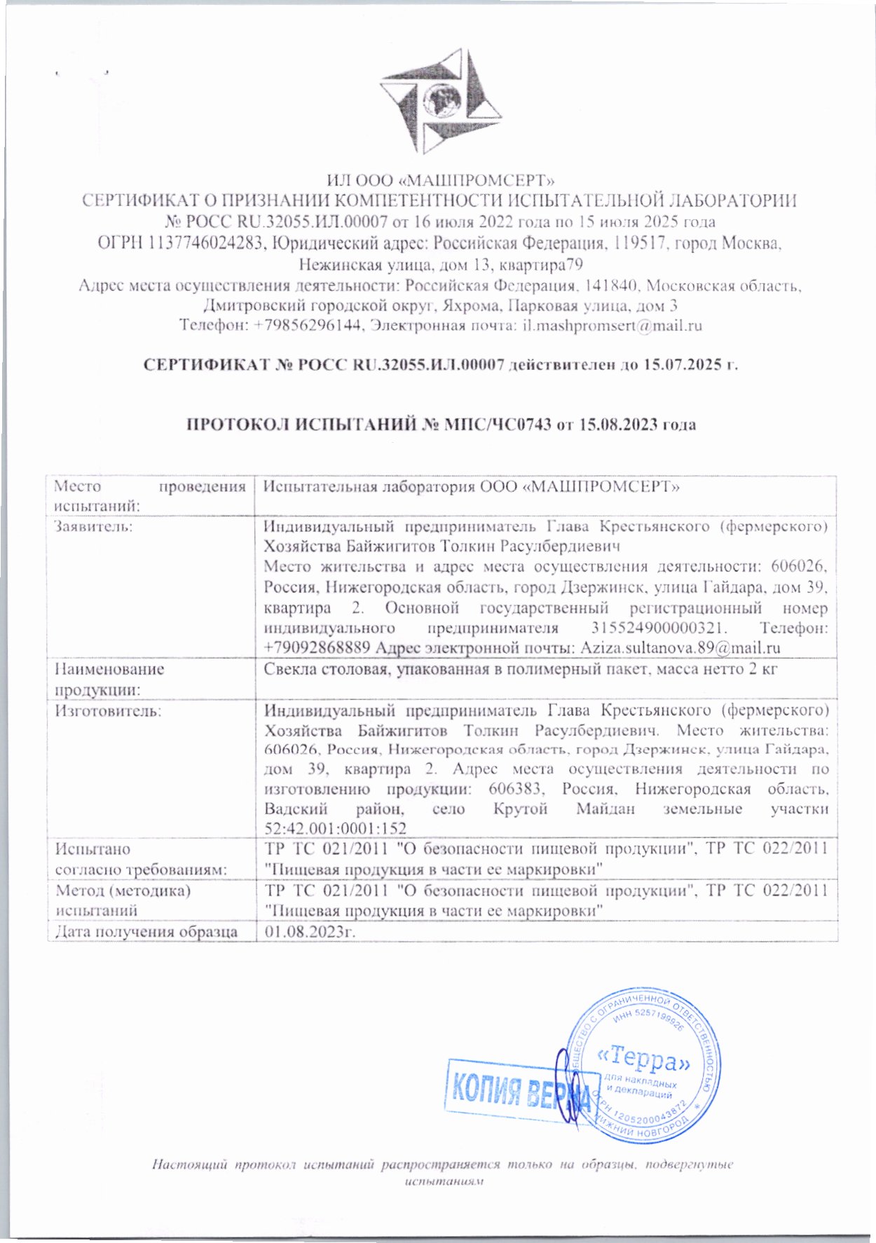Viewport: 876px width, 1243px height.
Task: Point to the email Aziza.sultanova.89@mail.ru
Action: click(680, 647)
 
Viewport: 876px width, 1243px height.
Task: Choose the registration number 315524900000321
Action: click(652, 628)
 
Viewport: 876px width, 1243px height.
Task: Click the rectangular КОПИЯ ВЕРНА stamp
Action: click(519, 1090)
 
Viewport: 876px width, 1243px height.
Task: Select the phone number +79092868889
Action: click(317, 647)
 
